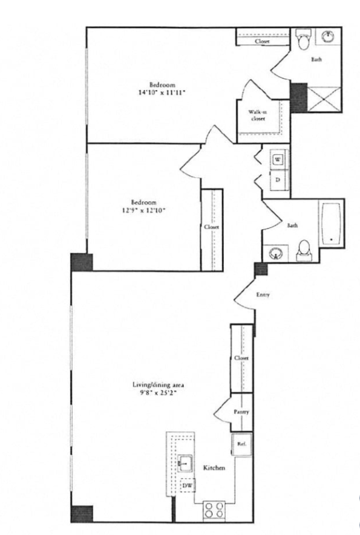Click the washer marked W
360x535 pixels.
pyautogui.click(x=278, y=160)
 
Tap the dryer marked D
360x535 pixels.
pyautogui.click(x=278, y=180)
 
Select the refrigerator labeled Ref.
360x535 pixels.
pyautogui.click(x=241, y=444)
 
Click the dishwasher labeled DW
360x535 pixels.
pyautogui.click(x=187, y=485)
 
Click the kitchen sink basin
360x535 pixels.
pyautogui.click(x=185, y=463)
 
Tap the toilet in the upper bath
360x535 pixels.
pyautogui.click(x=304, y=39)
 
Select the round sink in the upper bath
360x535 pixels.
pyautogui.click(x=328, y=36)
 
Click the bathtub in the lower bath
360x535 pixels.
pyautogui.click(x=330, y=223)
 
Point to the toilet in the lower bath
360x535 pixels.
pyautogui.click(x=303, y=251)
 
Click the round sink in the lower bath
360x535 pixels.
pyautogui.click(x=275, y=253)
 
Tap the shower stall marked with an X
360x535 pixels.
pyautogui.click(x=324, y=99)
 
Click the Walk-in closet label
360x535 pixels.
pyautogui.click(x=258, y=115)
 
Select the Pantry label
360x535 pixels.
pyautogui.click(x=241, y=412)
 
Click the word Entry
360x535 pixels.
pyautogui.click(x=263, y=294)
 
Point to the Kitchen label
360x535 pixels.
pyautogui.click(x=214, y=467)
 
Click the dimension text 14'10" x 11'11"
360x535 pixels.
pyautogui.click(x=162, y=92)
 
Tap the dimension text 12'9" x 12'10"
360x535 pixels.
pyautogui.click(x=144, y=210)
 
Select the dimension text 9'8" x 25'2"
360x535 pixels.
pyautogui.click(x=158, y=392)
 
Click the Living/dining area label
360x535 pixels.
pyautogui.click(x=158, y=385)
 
